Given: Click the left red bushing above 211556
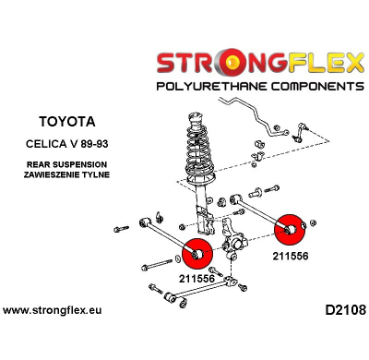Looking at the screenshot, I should click(x=198, y=251).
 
